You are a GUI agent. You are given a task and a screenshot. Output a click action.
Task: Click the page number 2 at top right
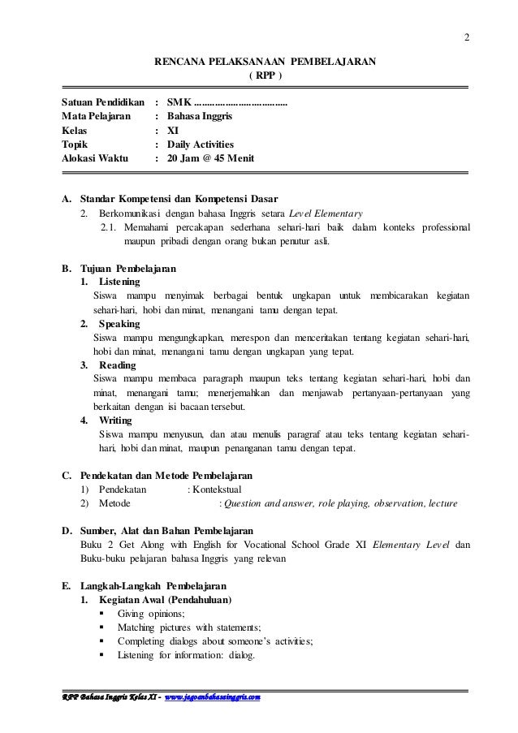point(466,36)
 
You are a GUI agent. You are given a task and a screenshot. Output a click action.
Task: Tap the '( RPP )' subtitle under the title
point(265,75)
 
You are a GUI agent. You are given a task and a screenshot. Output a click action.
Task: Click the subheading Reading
point(117,365)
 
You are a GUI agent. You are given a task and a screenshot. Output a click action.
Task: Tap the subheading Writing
point(117,420)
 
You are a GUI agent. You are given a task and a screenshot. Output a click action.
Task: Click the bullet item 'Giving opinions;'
point(152,614)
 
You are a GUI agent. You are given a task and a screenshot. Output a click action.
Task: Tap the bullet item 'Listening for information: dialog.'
point(186,655)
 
